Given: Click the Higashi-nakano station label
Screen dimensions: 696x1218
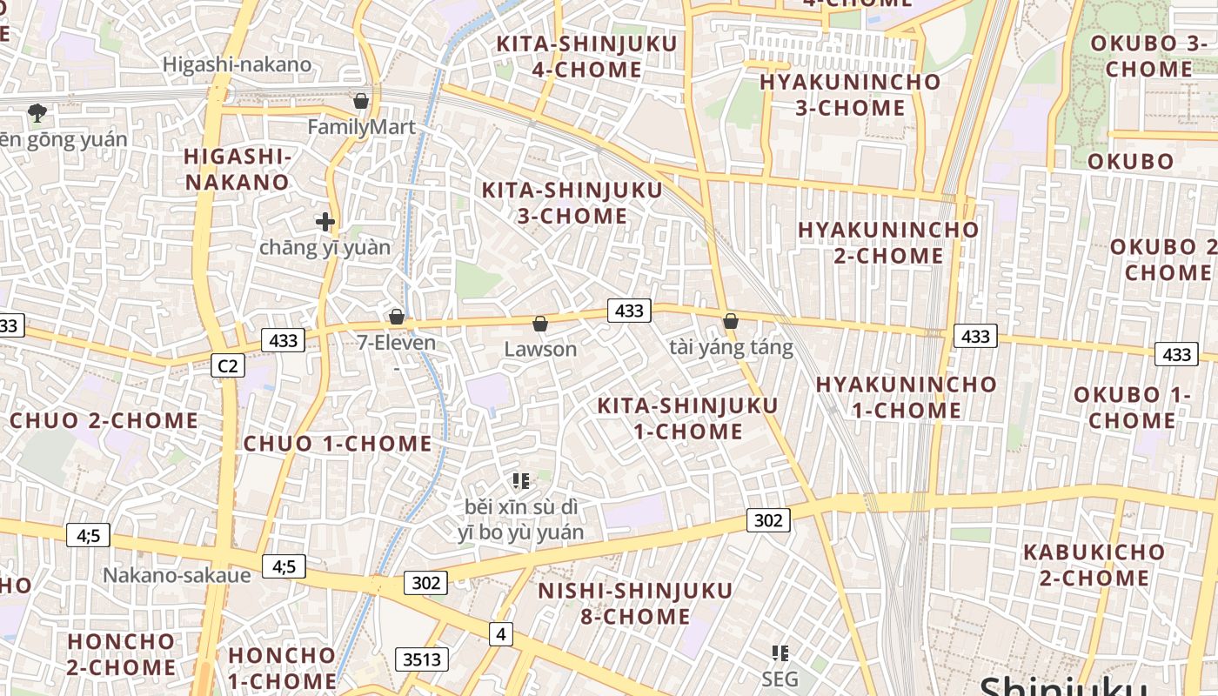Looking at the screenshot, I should pyautogui.click(x=237, y=64).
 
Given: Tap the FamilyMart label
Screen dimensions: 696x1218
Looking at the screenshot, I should pyautogui.click(x=361, y=127).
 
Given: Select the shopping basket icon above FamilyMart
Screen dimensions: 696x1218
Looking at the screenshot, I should pyautogui.click(x=361, y=101).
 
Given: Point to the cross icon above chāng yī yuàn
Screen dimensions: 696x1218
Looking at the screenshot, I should pyautogui.click(x=325, y=222).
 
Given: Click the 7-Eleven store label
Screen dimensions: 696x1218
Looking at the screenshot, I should pyautogui.click(x=397, y=343).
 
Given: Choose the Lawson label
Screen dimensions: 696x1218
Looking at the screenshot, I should pyautogui.click(x=540, y=349).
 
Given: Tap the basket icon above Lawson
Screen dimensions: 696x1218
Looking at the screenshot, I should pyautogui.click(x=540, y=324).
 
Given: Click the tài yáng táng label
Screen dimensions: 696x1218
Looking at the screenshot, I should pyautogui.click(x=731, y=348).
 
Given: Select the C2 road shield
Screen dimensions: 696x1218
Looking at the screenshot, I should pyautogui.click(x=227, y=365).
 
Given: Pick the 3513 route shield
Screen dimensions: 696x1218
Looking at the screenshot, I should pyautogui.click(x=422, y=659).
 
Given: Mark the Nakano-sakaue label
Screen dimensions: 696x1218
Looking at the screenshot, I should pyautogui.click(x=177, y=575).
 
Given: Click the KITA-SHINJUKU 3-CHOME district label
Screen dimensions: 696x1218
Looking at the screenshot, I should pyautogui.click(x=572, y=203).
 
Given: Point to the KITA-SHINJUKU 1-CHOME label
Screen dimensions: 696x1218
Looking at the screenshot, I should pyautogui.click(x=687, y=418).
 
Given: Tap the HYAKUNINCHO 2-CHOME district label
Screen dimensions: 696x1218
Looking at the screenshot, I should pyautogui.click(x=888, y=243).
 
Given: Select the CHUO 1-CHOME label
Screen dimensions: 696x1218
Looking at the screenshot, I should pyautogui.click(x=338, y=444).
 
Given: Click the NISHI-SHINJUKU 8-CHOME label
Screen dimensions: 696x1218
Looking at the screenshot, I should pyautogui.click(x=635, y=604).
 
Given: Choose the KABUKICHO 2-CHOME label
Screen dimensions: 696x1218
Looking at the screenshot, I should pyautogui.click(x=1094, y=565).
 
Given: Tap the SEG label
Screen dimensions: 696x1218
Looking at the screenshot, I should pyautogui.click(x=780, y=678).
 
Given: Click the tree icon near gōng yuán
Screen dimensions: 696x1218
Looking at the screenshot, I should pyautogui.click(x=37, y=111).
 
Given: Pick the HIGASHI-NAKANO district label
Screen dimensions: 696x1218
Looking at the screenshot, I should pyautogui.click(x=237, y=169).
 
